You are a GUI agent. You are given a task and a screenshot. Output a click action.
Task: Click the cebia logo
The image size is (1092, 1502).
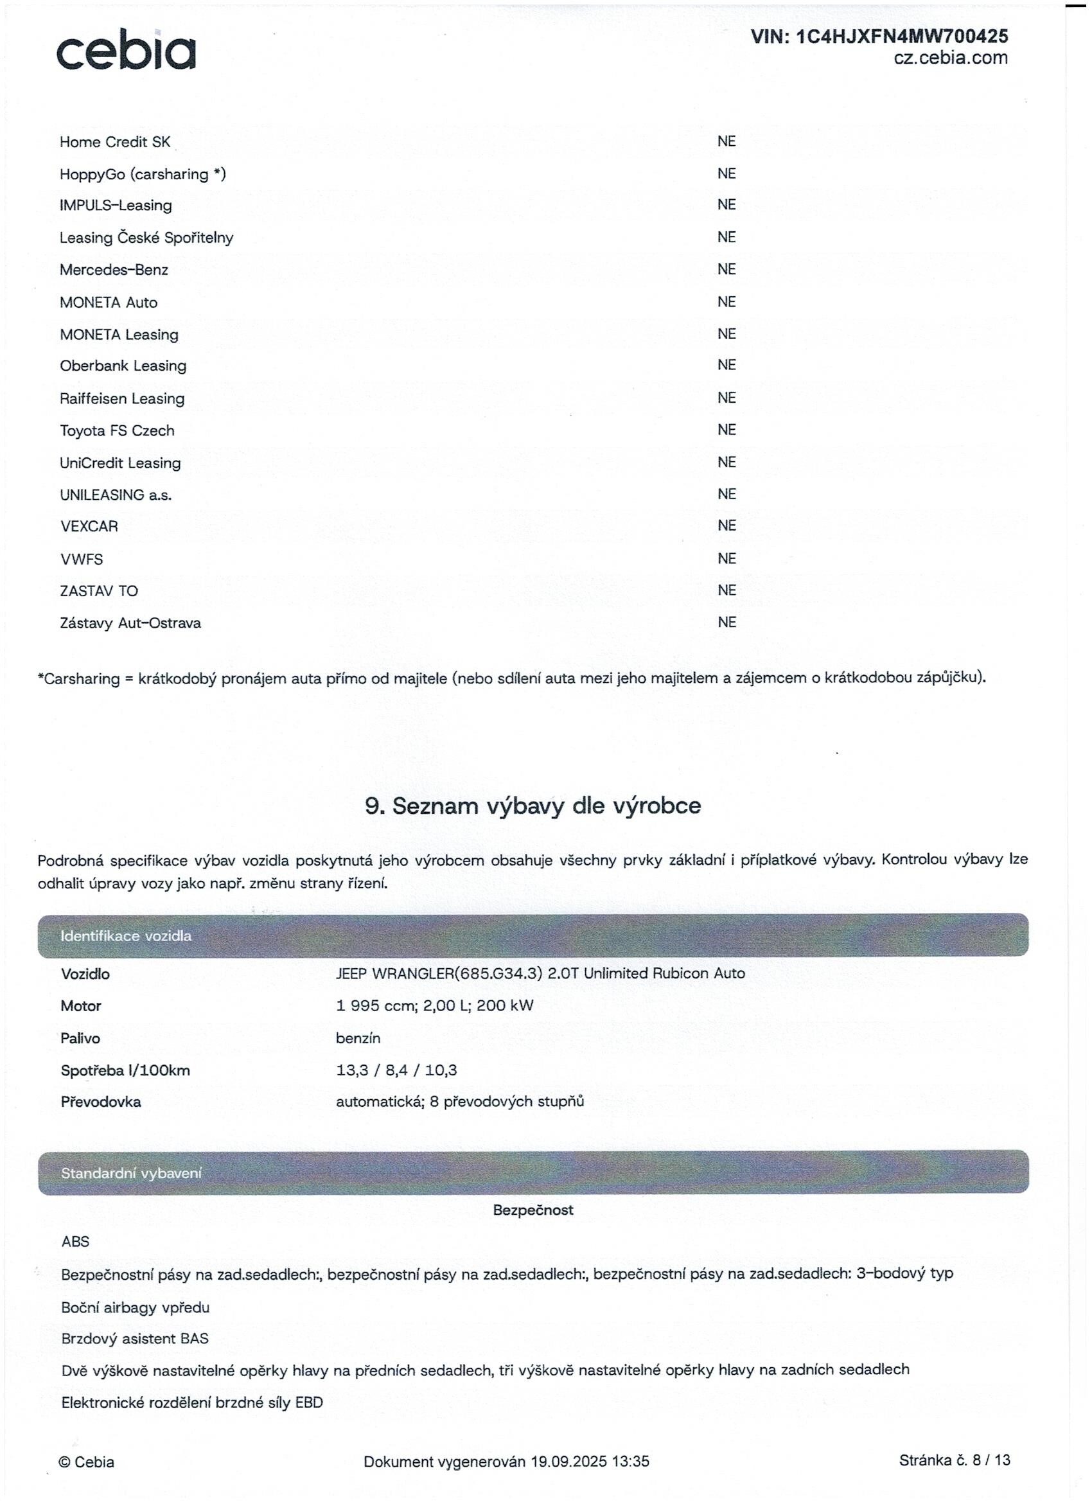tap(126, 49)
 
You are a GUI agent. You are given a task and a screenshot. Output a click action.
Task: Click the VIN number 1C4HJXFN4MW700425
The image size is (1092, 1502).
tap(879, 37)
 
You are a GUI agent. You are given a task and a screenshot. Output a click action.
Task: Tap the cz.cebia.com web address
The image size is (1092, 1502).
tap(950, 58)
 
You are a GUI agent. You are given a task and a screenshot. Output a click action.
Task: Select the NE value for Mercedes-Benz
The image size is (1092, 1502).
tap(726, 270)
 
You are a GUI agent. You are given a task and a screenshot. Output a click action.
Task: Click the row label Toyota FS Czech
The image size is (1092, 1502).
tap(117, 430)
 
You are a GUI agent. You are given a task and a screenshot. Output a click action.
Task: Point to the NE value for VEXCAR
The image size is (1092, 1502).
tap(726, 526)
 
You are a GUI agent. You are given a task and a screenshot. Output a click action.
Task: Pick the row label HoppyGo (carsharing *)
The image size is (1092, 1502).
tap(143, 174)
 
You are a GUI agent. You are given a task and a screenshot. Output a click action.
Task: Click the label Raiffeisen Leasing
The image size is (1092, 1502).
tap(122, 399)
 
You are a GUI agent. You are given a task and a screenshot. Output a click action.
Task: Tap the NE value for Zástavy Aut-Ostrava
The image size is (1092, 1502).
tap(726, 623)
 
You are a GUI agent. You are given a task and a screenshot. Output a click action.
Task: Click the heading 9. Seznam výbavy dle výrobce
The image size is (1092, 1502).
tap(533, 806)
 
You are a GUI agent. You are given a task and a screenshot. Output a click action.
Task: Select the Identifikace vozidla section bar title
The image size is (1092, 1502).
tap(126, 936)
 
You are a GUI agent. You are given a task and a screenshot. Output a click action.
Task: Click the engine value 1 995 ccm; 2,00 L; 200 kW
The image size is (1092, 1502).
tap(434, 1005)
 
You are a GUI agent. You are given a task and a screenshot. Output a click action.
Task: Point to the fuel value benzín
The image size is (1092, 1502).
tap(358, 1038)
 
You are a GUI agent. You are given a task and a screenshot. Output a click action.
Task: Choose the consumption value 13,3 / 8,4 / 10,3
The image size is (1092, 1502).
tap(396, 1070)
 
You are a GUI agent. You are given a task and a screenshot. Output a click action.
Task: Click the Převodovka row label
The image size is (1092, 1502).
tap(101, 1102)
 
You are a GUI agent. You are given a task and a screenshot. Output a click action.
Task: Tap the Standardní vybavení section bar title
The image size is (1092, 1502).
tap(131, 1173)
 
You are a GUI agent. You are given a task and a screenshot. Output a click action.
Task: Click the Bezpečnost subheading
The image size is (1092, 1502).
tap(533, 1210)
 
